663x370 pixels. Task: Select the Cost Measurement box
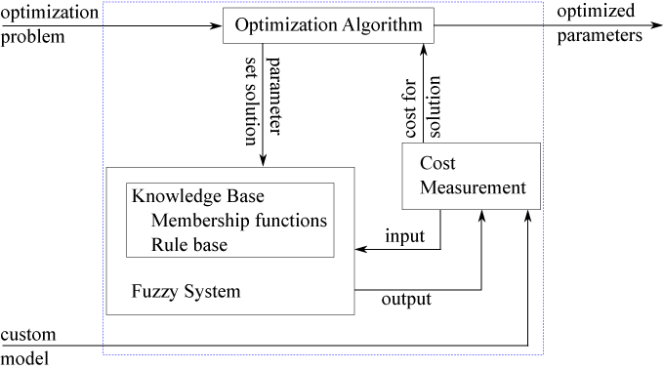(x=471, y=176)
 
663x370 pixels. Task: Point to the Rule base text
(x=189, y=244)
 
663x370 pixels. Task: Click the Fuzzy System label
(x=186, y=291)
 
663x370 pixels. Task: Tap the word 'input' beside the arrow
(x=404, y=236)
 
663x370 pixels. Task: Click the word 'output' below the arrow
(x=405, y=300)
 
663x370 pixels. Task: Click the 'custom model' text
(x=28, y=347)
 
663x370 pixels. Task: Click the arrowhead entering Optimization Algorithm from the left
(x=217, y=25)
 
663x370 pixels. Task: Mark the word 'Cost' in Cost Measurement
(x=436, y=164)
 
